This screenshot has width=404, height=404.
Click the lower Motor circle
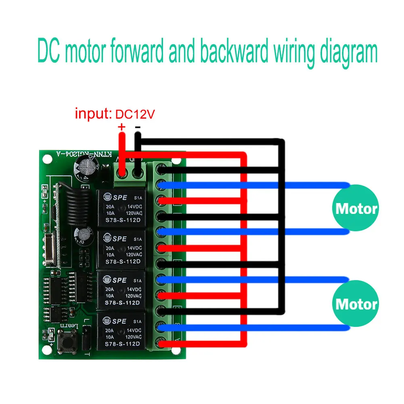[x=356, y=304]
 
